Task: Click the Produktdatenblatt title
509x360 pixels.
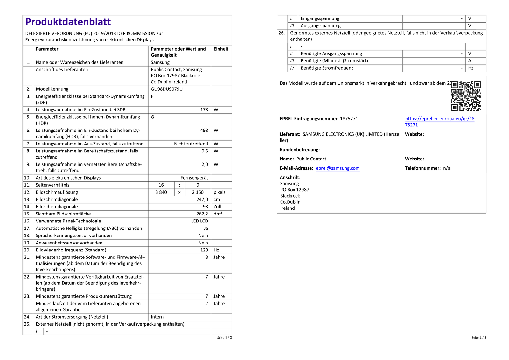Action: (68, 22)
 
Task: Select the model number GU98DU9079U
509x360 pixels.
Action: (167, 89)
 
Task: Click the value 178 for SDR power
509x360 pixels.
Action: (204, 110)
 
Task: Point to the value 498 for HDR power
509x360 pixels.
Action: (204, 131)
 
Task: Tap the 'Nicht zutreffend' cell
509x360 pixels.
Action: (191, 144)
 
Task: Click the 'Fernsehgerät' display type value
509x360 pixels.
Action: (194, 178)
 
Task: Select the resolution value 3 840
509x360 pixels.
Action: (161, 192)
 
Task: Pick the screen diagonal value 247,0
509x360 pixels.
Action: (202, 200)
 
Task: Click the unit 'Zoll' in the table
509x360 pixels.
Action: (217, 207)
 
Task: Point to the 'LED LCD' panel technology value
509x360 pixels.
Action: (199, 221)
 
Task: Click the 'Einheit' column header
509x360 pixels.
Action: (221, 49)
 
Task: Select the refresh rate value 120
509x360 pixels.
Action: (204, 250)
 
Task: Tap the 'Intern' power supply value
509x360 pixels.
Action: (157, 317)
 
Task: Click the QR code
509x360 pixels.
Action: (466, 96)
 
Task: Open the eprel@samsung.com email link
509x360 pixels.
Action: (338, 168)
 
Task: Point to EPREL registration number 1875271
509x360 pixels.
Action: (349, 119)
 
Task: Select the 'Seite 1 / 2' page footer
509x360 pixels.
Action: (224, 338)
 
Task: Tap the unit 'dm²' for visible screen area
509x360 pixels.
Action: (218, 214)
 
